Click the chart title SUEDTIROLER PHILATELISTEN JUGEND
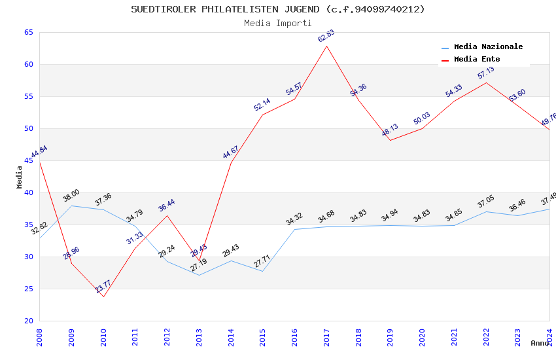[277, 9]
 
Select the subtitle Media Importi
[277, 24]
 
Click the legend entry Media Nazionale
[488, 47]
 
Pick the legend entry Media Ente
[477, 60]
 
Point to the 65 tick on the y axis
[28, 33]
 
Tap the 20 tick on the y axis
[28, 321]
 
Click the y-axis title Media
[20, 177]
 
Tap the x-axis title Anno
[540, 343]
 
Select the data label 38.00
[71, 195]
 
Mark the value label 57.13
[486, 73]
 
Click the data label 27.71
[262, 261]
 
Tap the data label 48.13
[390, 130]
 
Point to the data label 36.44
[167, 206]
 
